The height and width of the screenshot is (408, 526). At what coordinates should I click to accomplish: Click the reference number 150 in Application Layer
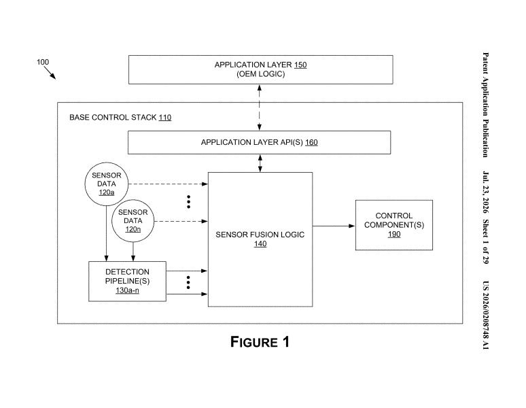pyautogui.click(x=300, y=65)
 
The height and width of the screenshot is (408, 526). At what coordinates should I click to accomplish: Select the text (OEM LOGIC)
pyautogui.click(x=261, y=74)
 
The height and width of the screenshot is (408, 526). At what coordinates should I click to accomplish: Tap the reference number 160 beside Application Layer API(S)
pyautogui.click(x=311, y=142)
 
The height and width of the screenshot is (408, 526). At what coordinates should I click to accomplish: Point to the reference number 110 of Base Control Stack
pyautogui.click(x=165, y=118)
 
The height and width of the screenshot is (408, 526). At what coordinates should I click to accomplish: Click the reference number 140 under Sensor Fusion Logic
pyautogui.click(x=260, y=244)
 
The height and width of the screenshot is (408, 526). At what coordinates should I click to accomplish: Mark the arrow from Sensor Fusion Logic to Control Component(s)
pyautogui.click(x=334, y=226)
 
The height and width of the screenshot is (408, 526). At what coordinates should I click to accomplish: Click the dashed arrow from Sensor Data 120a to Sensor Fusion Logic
pyautogui.click(x=168, y=184)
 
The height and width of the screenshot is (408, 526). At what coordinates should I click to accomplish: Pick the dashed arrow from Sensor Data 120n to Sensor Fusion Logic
pyautogui.click(x=181, y=221)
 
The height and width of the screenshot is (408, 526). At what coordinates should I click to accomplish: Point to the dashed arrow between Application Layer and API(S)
pyautogui.click(x=260, y=107)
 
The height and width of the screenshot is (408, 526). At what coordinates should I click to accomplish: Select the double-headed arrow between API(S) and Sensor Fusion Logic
pyautogui.click(x=260, y=163)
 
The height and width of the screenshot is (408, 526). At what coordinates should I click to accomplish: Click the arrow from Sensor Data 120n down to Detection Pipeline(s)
pyautogui.click(x=133, y=252)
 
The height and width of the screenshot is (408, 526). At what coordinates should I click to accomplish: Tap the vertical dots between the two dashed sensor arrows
pyautogui.click(x=188, y=202)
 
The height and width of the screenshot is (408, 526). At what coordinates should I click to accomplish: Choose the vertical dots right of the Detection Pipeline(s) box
pyautogui.click(x=188, y=282)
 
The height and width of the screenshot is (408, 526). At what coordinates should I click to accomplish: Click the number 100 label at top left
pyautogui.click(x=43, y=62)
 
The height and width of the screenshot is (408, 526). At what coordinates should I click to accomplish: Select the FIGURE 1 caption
pyautogui.click(x=260, y=342)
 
